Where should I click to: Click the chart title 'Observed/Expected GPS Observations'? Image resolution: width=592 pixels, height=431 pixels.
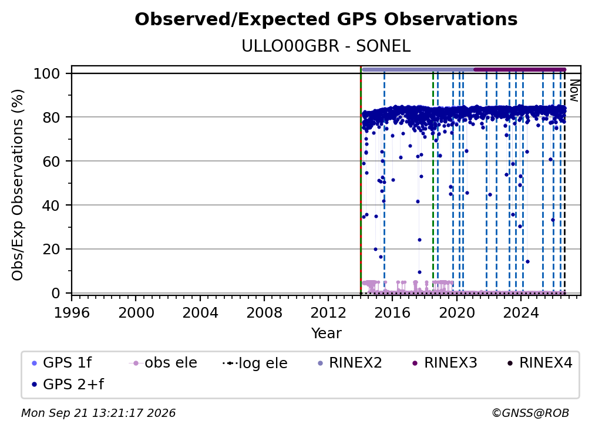point(326,19)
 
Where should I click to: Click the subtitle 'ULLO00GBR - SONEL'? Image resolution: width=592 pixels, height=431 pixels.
point(326,46)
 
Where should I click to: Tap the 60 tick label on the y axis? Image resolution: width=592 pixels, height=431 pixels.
point(51,161)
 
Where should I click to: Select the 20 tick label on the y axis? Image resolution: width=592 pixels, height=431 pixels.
point(51,249)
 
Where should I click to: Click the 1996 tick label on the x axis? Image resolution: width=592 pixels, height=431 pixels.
point(72,313)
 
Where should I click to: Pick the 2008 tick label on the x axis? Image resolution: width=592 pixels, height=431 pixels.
point(264,313)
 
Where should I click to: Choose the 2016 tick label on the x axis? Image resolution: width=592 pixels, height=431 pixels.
point(392,313)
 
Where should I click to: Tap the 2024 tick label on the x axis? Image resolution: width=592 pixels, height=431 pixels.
point(520,313)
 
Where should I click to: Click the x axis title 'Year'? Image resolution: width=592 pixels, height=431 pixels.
point(326,334)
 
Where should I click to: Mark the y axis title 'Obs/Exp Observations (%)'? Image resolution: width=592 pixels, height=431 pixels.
point(18,185)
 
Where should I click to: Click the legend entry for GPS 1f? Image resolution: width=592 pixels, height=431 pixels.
point(62,363)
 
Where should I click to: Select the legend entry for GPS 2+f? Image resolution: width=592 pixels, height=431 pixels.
point(68,385)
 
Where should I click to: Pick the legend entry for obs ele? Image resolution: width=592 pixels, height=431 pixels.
point(163,363)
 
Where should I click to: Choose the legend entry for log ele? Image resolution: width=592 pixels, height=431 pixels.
point(255,363)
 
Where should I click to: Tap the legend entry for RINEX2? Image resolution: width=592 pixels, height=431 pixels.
point(350,363)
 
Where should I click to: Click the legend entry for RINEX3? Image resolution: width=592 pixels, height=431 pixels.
point(445,363)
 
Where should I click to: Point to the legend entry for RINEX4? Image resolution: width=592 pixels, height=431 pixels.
point(540,363)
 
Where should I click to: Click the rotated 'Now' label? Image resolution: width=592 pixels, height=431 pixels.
point(574,90)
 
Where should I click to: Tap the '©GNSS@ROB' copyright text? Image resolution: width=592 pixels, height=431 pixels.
point(530,413)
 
